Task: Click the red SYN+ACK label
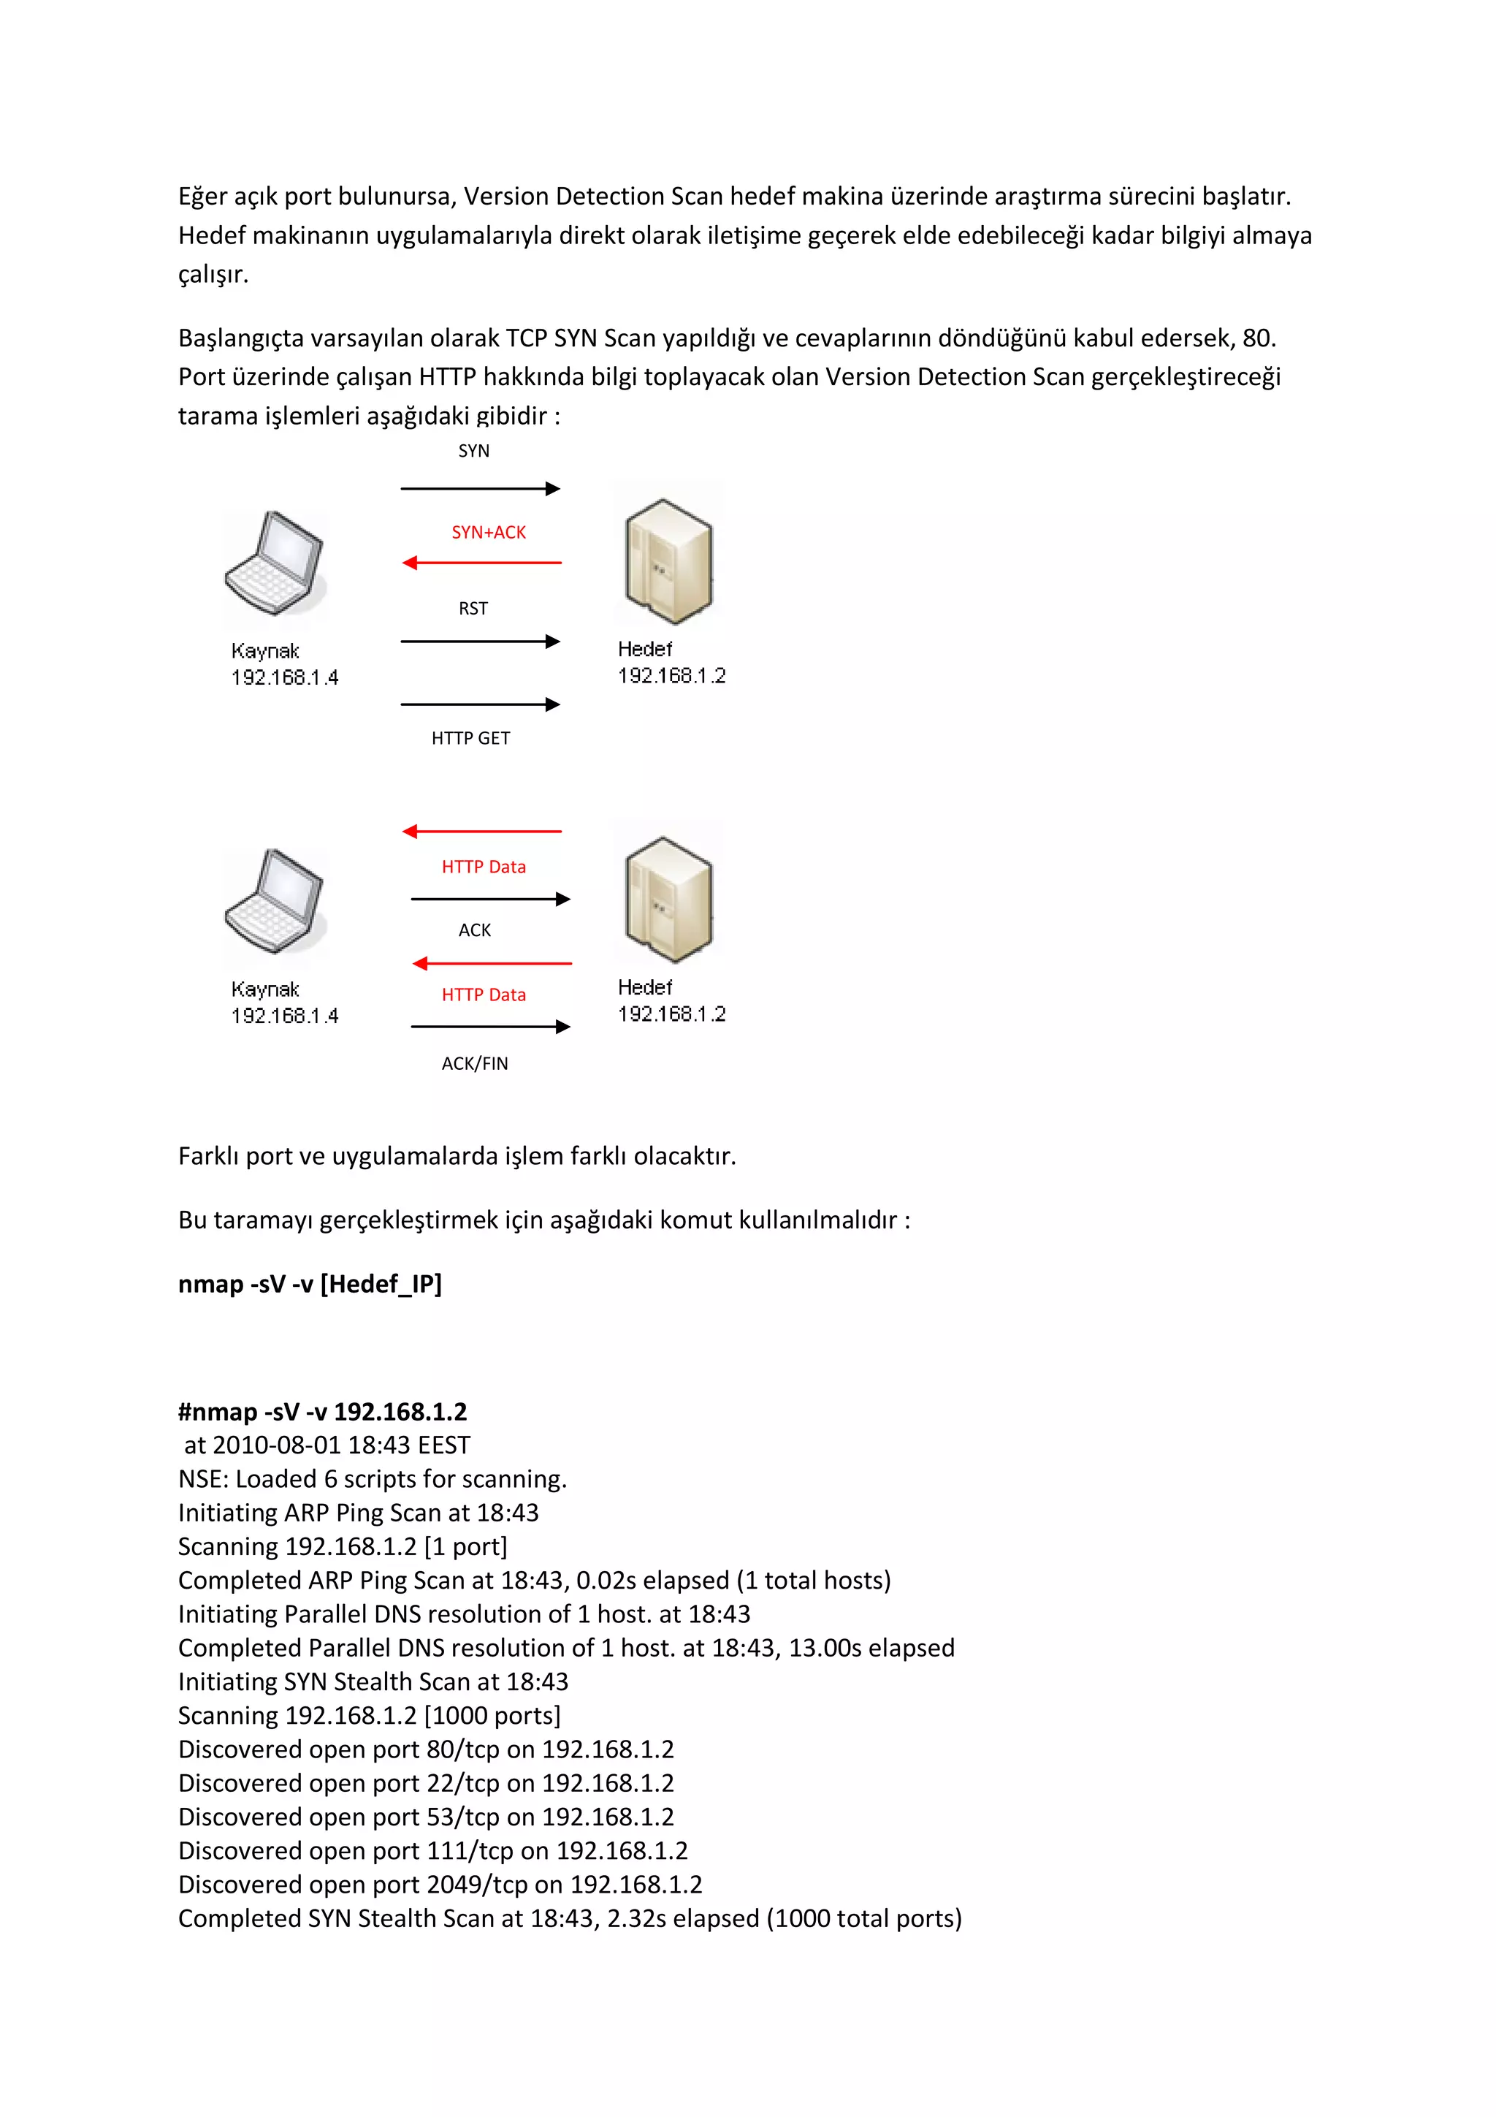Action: coord(489,532)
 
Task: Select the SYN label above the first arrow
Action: coord(474,451)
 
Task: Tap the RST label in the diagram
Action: coord(473,609)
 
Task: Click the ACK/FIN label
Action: coord(475,1063)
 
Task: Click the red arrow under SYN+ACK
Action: coord(481,563)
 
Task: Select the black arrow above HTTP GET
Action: coord(480,704)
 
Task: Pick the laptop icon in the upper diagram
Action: coord(275,564)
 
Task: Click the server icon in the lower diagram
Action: coord(668,898)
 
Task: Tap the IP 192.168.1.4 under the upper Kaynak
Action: coord(284,677)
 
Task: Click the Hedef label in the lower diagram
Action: coord(644,987)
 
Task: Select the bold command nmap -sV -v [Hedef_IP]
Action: coord(310,1283)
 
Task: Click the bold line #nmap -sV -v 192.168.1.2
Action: coord(323,1412)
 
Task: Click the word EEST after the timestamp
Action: coord(443,1445)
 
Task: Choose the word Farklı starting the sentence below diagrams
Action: coord(208,1155)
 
